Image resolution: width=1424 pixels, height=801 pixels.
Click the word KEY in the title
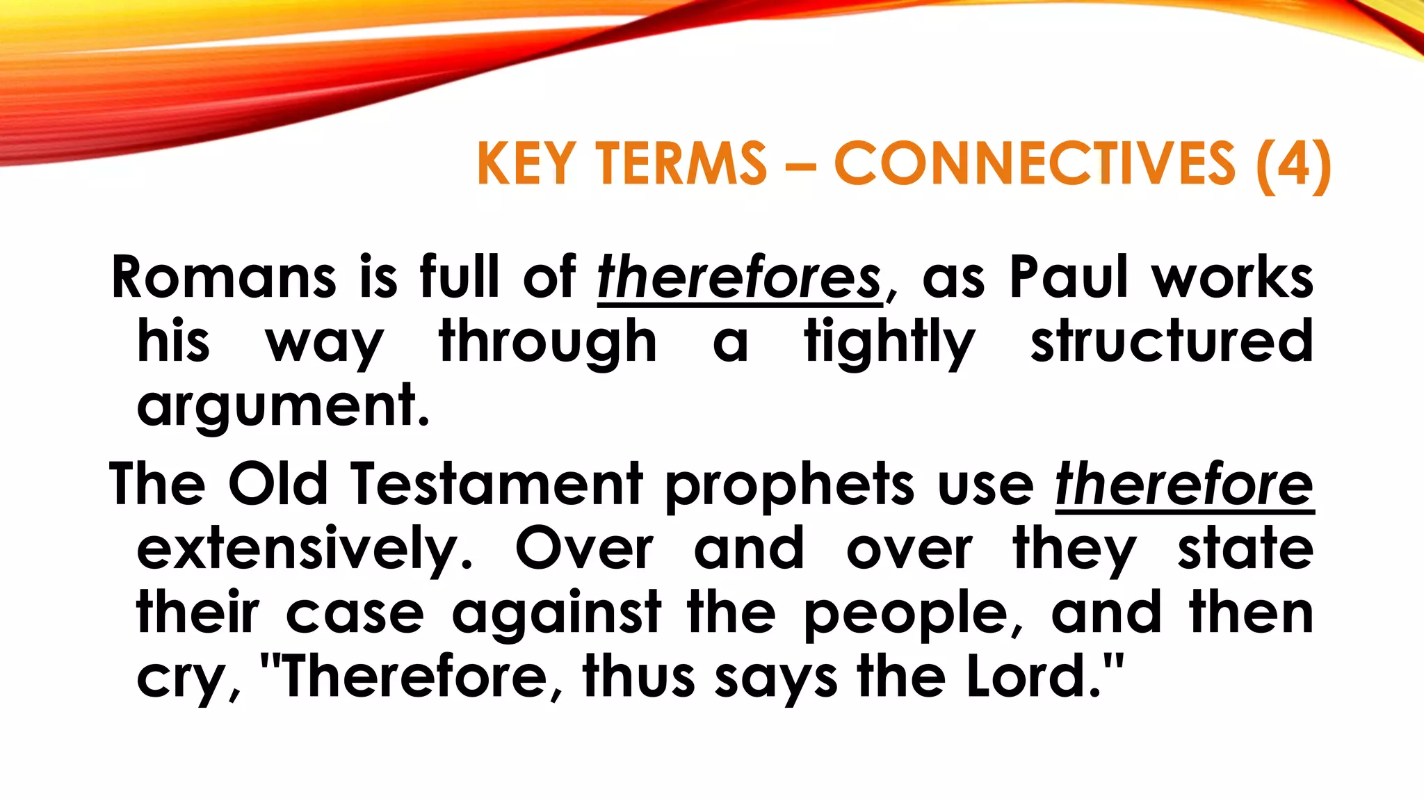(526, 163)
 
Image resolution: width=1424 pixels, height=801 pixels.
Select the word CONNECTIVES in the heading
(1035, 163)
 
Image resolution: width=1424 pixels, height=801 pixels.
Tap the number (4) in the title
(1293, 163)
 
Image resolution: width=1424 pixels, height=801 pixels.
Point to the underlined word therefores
(740, 277)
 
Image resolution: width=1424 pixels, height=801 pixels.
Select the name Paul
(1068, 277)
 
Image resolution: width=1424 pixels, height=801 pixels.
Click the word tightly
(890, 341)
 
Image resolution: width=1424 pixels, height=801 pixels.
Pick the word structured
(1172, 341)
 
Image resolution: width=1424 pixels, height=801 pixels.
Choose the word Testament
(496, 484)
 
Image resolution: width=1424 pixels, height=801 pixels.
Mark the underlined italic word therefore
(1184, 484)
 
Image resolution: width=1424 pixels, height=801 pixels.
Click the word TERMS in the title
(682, 163)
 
